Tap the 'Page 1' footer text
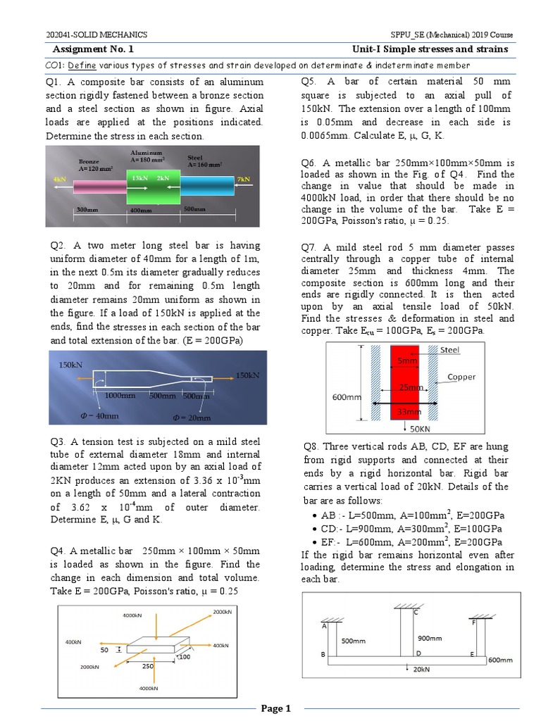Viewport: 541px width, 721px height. click(x=275, y=708)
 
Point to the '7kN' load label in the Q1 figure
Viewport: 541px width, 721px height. click(x=244, y=180)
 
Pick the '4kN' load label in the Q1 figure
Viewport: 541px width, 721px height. click(x=58, y=180)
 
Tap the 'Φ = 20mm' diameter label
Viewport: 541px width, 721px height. click(x=192, y=418)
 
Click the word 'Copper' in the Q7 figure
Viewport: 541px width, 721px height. click(x=461, y=377)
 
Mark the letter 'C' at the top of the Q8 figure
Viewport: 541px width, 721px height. click(x=416, y=613)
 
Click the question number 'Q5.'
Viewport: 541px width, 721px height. click(x=309, y=82)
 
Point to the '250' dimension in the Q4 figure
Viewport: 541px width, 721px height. click(x=148, y=665)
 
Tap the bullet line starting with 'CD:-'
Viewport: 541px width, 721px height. click(x=411, y=528)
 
